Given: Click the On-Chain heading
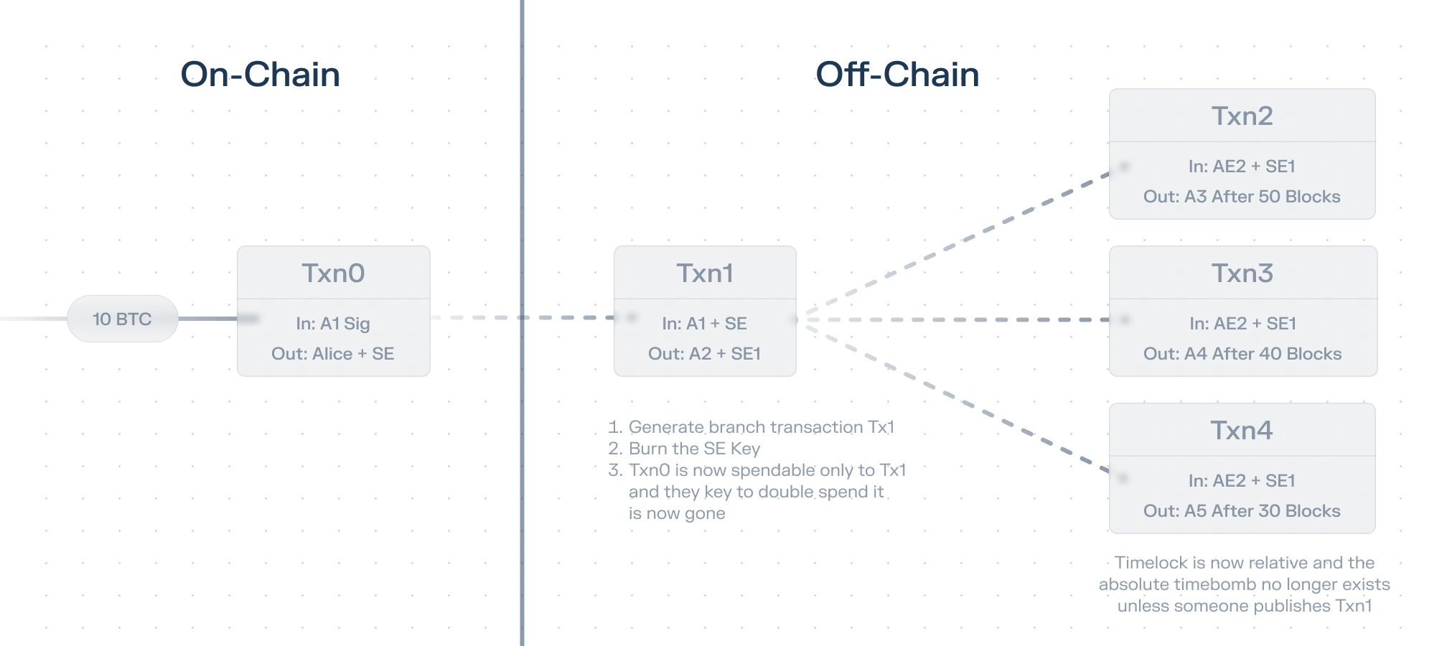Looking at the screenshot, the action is tap(261, 75).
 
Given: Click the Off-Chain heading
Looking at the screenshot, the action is tap(897, 75).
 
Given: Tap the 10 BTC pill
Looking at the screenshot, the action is tap(122, 319).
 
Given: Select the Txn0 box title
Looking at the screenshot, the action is tap(333, 273).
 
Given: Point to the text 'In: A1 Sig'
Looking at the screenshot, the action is tap(333, 324).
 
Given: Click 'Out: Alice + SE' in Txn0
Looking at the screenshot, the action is tap(333, 354).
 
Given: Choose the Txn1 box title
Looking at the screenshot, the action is tap(705, 273).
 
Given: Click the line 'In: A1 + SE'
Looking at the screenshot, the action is tap(705, 324).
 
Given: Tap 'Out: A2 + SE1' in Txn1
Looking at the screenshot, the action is tap(705, 354).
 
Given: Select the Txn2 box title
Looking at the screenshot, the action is tap(1242, 116).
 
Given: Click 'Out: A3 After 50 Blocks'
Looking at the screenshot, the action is tap(1242, 197).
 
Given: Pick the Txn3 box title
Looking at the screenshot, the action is tap(1242, 273).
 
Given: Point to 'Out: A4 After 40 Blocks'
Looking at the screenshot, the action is tap(1242, 354).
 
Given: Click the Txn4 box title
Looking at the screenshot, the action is tap(1242, 431).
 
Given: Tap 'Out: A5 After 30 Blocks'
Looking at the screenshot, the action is tap(1242, 511).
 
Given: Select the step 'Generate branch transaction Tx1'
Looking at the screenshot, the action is tap(762, 427).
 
